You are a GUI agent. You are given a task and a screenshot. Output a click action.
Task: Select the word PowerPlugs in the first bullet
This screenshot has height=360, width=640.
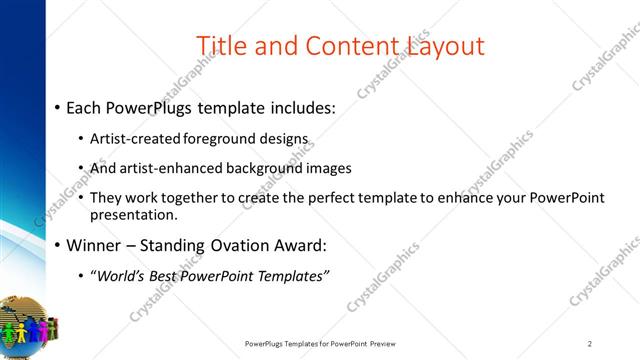(x=150, y=108)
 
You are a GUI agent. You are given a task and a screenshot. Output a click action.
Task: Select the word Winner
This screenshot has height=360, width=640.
(x=94, y=244)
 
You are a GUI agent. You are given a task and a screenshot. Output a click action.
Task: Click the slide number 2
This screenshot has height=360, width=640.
(x=590, y=344)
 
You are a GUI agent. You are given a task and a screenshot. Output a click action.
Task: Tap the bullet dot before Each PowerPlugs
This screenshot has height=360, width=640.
(x=58, y=108)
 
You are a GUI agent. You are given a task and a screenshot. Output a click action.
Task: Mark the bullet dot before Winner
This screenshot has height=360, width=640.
(x=58, y=244)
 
